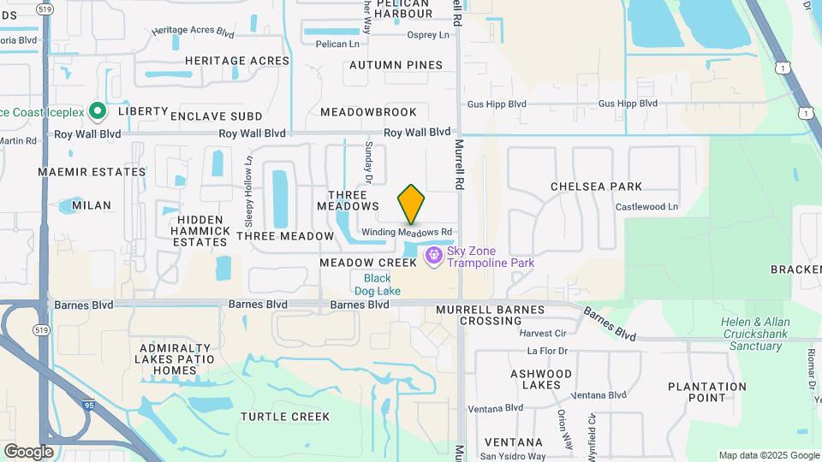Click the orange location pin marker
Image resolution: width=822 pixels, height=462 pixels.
click(x=411, y=204)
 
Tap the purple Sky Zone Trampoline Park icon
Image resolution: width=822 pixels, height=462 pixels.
click(x=434, y=255)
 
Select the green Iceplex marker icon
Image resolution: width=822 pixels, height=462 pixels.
click(x=98, y=110)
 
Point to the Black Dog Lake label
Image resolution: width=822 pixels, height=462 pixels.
click(x=377, y=285)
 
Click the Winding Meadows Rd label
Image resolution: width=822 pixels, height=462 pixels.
click(x=406, y=233)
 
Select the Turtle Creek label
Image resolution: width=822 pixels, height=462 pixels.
click(x=285, y=417)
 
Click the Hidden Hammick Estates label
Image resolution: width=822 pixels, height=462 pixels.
click(x=200, y=230)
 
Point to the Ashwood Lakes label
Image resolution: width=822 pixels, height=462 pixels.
click(x=541, y=379)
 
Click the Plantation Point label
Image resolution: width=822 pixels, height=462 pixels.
click(x=708, y=392)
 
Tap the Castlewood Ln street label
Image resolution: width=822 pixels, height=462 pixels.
click(x=646, y=207)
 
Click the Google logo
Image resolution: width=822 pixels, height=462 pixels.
click(x=28, y=451)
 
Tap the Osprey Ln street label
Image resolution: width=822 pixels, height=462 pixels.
click(x=428, y=35)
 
